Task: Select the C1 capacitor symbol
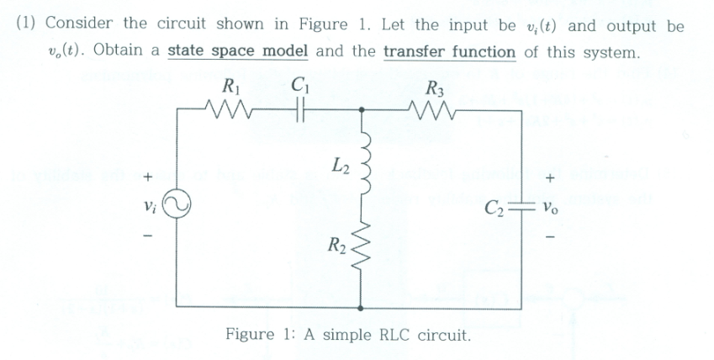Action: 295,109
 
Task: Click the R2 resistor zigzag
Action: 362,248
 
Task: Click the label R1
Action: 226,85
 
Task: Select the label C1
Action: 297,85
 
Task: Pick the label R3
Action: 437,85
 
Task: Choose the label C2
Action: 492,204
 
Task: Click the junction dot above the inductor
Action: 362,110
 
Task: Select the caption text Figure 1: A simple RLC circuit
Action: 346,335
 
